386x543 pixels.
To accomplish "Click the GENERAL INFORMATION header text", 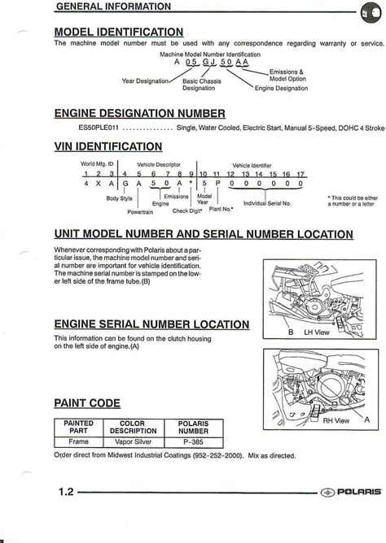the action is pyautogui.click(x=113, y=7).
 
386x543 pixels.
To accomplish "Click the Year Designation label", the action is pyautogui.click(x=143, y=80).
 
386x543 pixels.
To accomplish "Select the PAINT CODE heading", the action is pyautogui.click(x=87, y=402).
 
